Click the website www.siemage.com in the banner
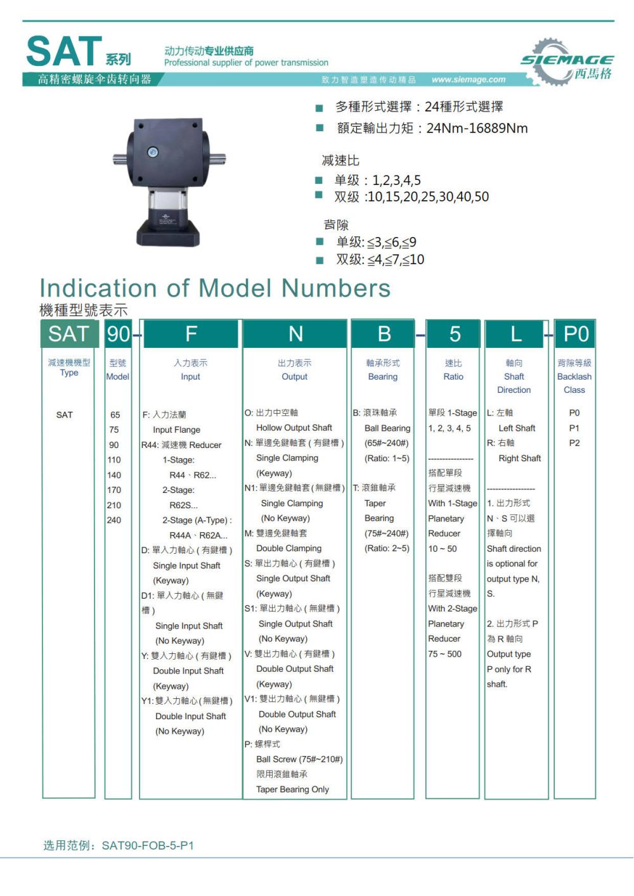(x=468, y=80)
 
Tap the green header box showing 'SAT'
(x=68, y=334)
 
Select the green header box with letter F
(x=191, y=334)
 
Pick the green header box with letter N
(x=295, y=334)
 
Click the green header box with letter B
(x=384, y=334)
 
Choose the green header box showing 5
(x=455, y=334)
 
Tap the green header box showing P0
(x=576, y=334)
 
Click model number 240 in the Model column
(x=114, y=520)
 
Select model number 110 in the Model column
(x=114, y=460)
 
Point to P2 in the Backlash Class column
(x=574, y=443)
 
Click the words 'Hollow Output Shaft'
(x=294, y=428)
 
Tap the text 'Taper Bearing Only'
(x=292, y=790)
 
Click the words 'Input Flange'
(x=176, y=430)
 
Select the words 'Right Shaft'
(x=520, y=458)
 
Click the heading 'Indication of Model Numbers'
(x=215, y=288)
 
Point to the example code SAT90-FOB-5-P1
(x=148, y=845)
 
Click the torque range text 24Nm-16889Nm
(x=477, y=129)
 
